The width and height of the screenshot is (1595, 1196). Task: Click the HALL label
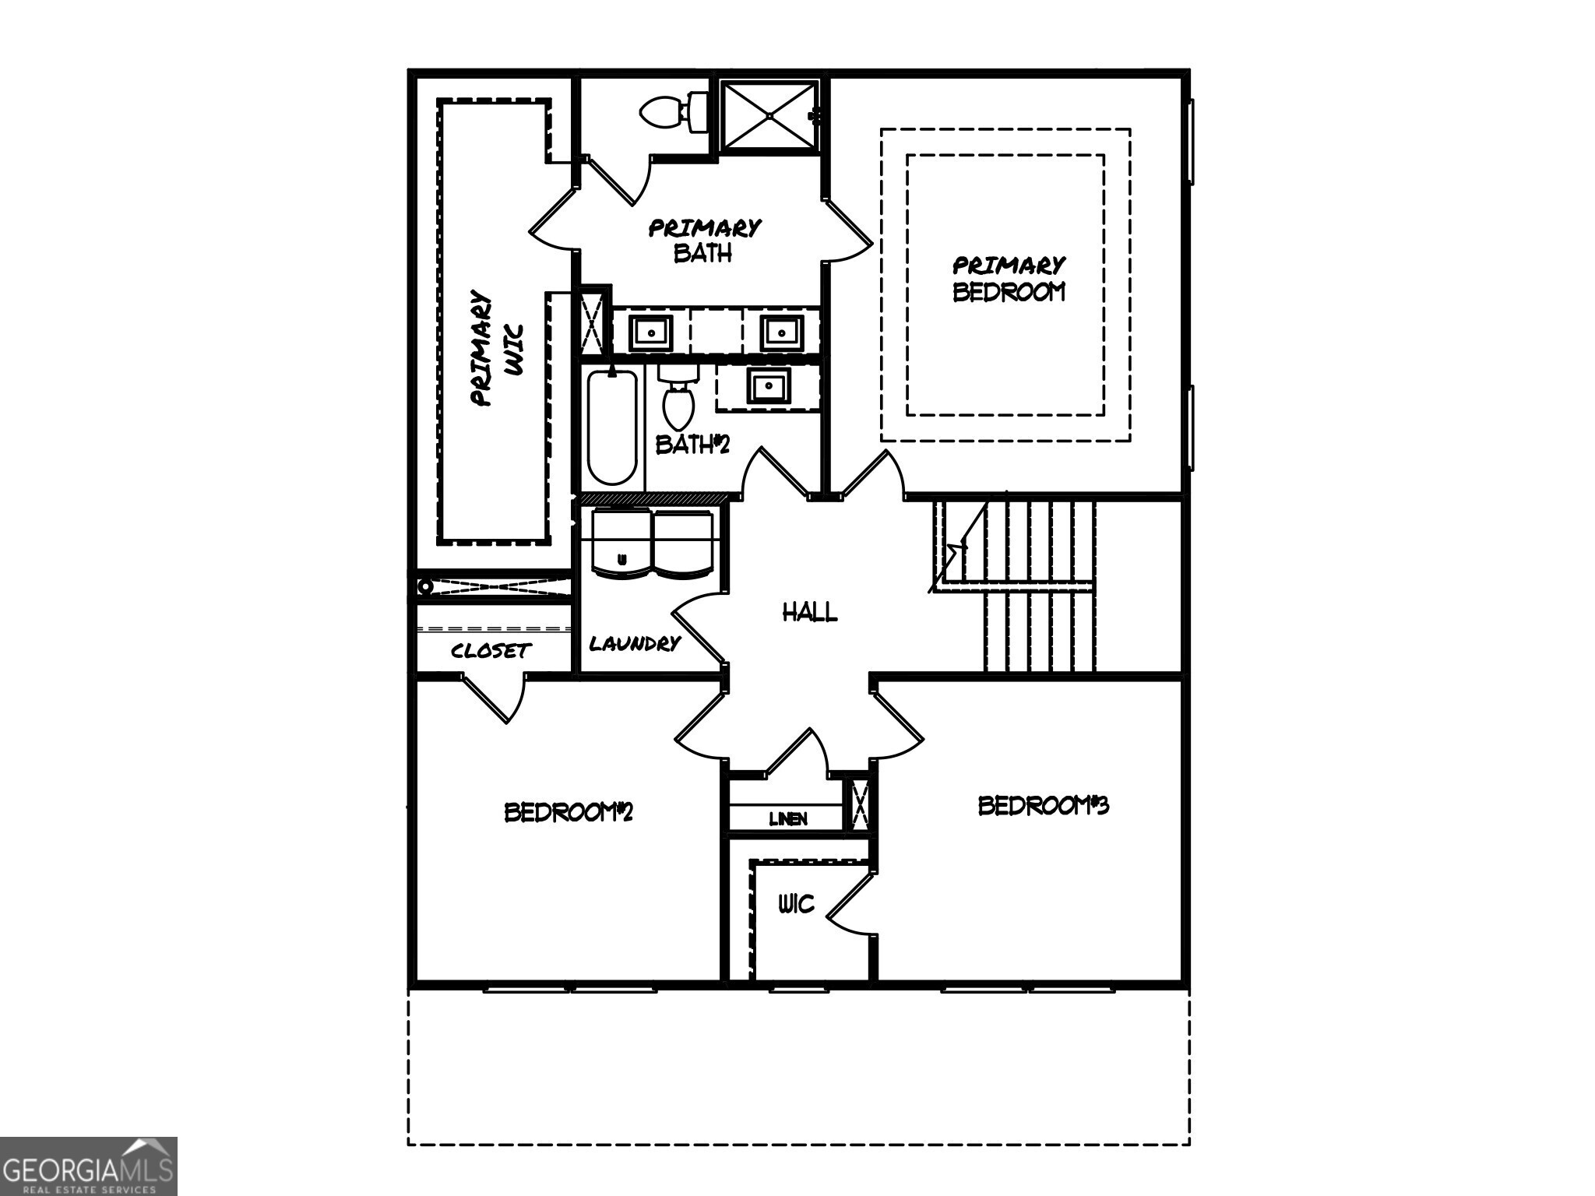[x=810, y=612]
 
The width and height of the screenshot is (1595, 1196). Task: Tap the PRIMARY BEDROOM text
[x=1009, y=279]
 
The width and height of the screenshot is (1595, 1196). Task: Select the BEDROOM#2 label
[x=568, y=812]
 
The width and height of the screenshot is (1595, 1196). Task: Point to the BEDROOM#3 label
[x=1043, y=805]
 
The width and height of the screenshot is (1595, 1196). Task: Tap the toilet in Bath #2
[x=678, y=401]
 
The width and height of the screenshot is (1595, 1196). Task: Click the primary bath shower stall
[x=769, y=115]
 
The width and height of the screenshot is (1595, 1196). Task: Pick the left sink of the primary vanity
[x=650, y=332]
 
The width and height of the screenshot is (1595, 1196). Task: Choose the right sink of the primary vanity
[x=781, y=332]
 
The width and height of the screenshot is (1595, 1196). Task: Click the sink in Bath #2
[x=769, y=386]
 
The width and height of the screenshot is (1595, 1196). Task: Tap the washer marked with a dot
[x=621, y=543]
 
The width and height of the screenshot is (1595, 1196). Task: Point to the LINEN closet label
[x=788, y=818]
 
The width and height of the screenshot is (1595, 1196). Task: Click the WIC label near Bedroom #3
[x=796, y=904]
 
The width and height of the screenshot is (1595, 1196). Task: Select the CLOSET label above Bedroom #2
[x=491, y=650]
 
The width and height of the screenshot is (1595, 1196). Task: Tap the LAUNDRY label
[x=635, y=644]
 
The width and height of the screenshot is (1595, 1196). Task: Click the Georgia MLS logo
[x=88, y=1166]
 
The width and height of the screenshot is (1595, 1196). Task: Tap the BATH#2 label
[x=692, y=445]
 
